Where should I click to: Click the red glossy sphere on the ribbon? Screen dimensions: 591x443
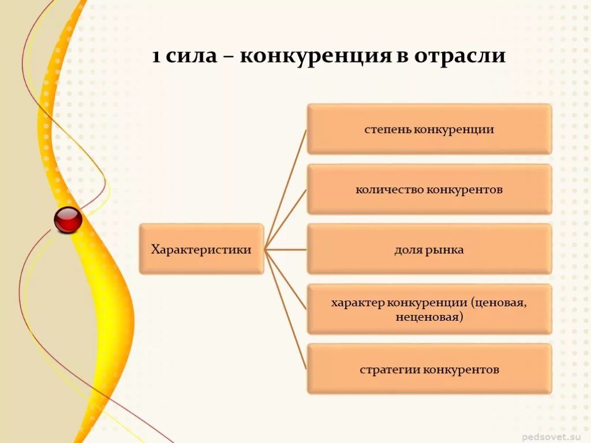tap(68, 220)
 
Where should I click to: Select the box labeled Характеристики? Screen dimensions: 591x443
tap(201, 249)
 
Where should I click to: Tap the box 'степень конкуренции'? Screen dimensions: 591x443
tap(429, 129)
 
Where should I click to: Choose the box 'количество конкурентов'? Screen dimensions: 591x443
tap(429, 189)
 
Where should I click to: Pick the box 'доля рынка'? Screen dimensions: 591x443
tap(429, 249)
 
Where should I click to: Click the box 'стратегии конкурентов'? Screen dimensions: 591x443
tap(429, 369)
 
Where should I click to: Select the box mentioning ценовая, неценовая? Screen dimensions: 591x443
tap(429, 309)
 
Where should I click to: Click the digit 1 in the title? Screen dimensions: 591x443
tap(156, 57)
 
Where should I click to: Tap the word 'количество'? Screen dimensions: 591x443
tap(390, 189)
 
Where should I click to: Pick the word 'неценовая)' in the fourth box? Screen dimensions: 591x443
tap(429, 317)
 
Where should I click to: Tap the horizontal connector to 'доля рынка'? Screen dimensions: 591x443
tap(286, 250)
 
